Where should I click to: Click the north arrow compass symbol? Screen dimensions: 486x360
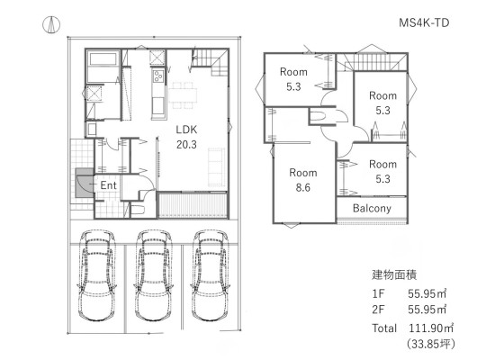[51, 25]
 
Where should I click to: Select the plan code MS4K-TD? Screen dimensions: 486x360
[424, 22]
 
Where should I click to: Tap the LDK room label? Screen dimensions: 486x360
[186, 130]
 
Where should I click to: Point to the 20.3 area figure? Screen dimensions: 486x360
[186, 145]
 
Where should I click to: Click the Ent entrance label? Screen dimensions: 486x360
[109, 185]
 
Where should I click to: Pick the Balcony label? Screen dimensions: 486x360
[372, 208]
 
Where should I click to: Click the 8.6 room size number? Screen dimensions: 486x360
[302, 187]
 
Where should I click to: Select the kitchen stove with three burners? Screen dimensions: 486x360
[157, 76]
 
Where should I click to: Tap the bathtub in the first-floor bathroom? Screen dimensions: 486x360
[103, 58]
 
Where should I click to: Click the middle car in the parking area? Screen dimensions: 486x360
[153, 275]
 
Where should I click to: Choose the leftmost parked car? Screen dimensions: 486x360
[97, 275]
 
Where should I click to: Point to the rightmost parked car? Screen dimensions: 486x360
[210, 275]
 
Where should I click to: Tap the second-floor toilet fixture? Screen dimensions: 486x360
[319, 116]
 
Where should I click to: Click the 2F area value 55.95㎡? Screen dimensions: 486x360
[427, 310]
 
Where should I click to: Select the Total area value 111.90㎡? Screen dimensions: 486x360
[431, 328]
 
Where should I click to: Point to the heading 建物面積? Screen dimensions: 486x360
[394, 274]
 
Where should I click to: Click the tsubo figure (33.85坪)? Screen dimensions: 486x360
[431, 344]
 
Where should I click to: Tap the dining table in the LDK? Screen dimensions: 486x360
[183, 95]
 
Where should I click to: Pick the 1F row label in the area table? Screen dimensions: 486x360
[378, 293]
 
